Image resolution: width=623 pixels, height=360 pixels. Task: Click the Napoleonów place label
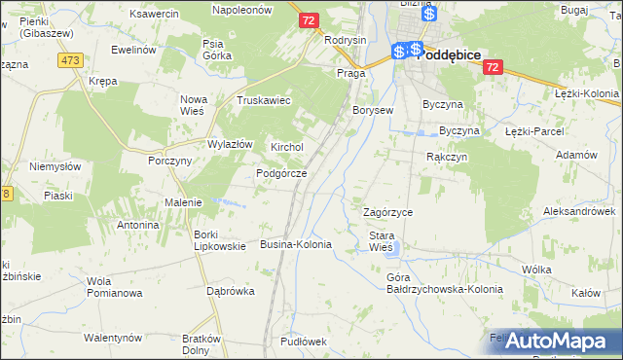(242, 8)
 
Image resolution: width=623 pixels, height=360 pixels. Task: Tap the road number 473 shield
(69, 60)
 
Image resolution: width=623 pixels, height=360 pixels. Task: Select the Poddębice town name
(449, 55)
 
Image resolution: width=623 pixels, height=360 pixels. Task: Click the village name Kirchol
(287, 147)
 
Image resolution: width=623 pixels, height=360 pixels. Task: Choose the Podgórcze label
(281, 173)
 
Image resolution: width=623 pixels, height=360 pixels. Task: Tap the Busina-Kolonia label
(296, 244)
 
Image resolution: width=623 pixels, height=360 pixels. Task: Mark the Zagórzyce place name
(387, 212)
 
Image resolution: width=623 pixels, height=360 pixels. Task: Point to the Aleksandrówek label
(579, 211)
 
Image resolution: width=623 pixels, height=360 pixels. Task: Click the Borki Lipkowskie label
(219, 240)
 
